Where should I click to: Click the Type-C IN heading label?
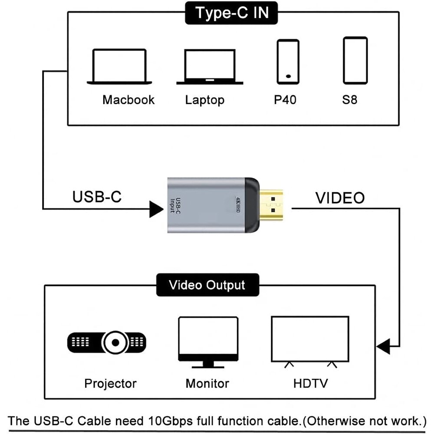tap(232, 13)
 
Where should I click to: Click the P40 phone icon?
tap(288, 61)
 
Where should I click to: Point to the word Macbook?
tap(128, 100)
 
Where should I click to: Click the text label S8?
tap(349, 100)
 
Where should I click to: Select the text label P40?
tap(285, 100)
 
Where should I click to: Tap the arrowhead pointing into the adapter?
tap(157, 209)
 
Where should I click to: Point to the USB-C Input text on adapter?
tap(175, 204)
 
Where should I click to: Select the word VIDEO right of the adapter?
tap(340, 198)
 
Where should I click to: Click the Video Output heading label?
tap(207, 285)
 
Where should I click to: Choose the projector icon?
tap(107, 343)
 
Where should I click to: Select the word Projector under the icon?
tap(110, 384)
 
